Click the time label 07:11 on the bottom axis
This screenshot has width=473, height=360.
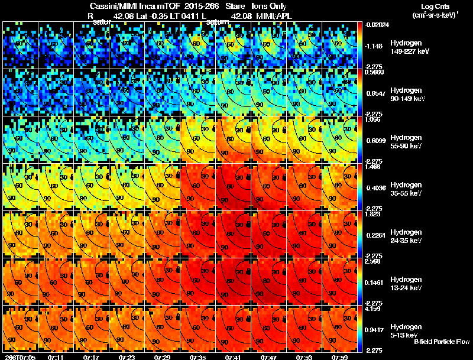56,357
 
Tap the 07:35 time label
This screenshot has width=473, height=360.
198,357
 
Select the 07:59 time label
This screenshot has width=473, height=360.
340,357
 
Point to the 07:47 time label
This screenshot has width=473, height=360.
269,357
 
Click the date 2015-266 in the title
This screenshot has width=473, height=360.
193,6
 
